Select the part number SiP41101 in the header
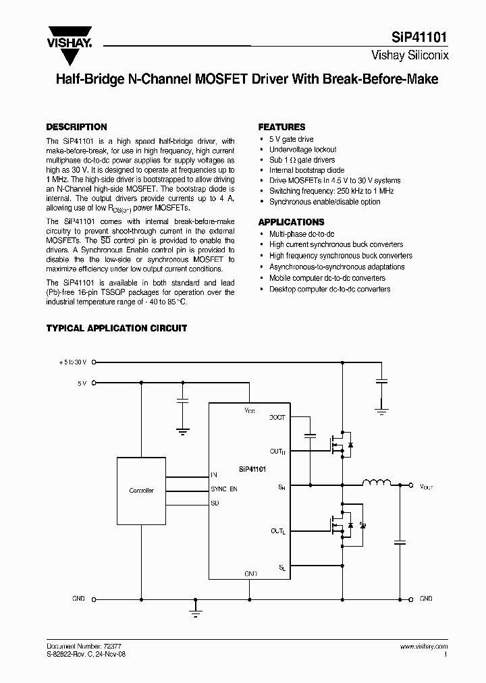[x=420, y=40]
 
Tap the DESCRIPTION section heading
[x=76, y=127]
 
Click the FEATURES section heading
[x=281, y=127]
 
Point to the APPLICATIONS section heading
[x=291, y=222]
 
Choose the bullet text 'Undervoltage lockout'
[x=302, y=150]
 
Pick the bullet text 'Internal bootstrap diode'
[x=306, y=171]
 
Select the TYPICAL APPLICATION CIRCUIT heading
[x=116, y=328]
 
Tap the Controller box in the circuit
[x=141, y=491]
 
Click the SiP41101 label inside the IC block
[x=252, y=468]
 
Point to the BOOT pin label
[x=277, y=418]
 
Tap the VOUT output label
[x=427, y=486]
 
